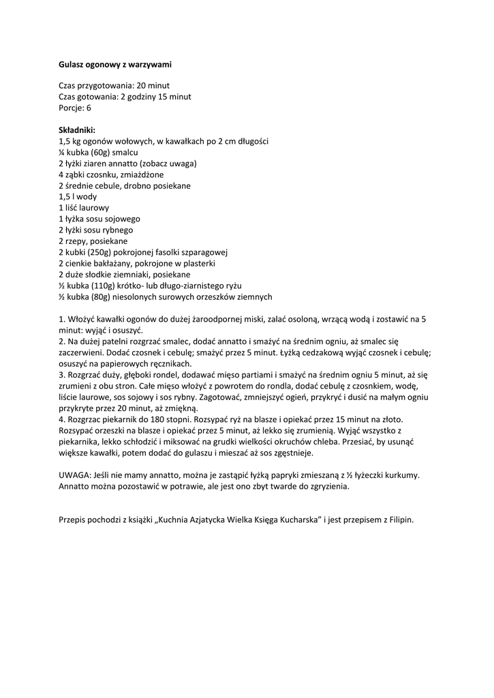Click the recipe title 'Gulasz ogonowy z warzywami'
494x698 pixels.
[114, 64]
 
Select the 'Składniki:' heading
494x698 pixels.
[77, 130]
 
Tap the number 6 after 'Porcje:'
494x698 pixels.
[89, 108]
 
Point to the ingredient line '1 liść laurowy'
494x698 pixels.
[84, 207]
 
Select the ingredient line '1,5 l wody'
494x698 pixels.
[78, 196]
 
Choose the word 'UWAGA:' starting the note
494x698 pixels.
[74, 475]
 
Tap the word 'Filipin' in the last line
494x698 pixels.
[401, 519]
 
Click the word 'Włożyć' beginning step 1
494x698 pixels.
[81, 319]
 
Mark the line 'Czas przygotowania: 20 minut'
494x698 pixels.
[114, 86]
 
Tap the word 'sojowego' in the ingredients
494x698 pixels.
[124, 219]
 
